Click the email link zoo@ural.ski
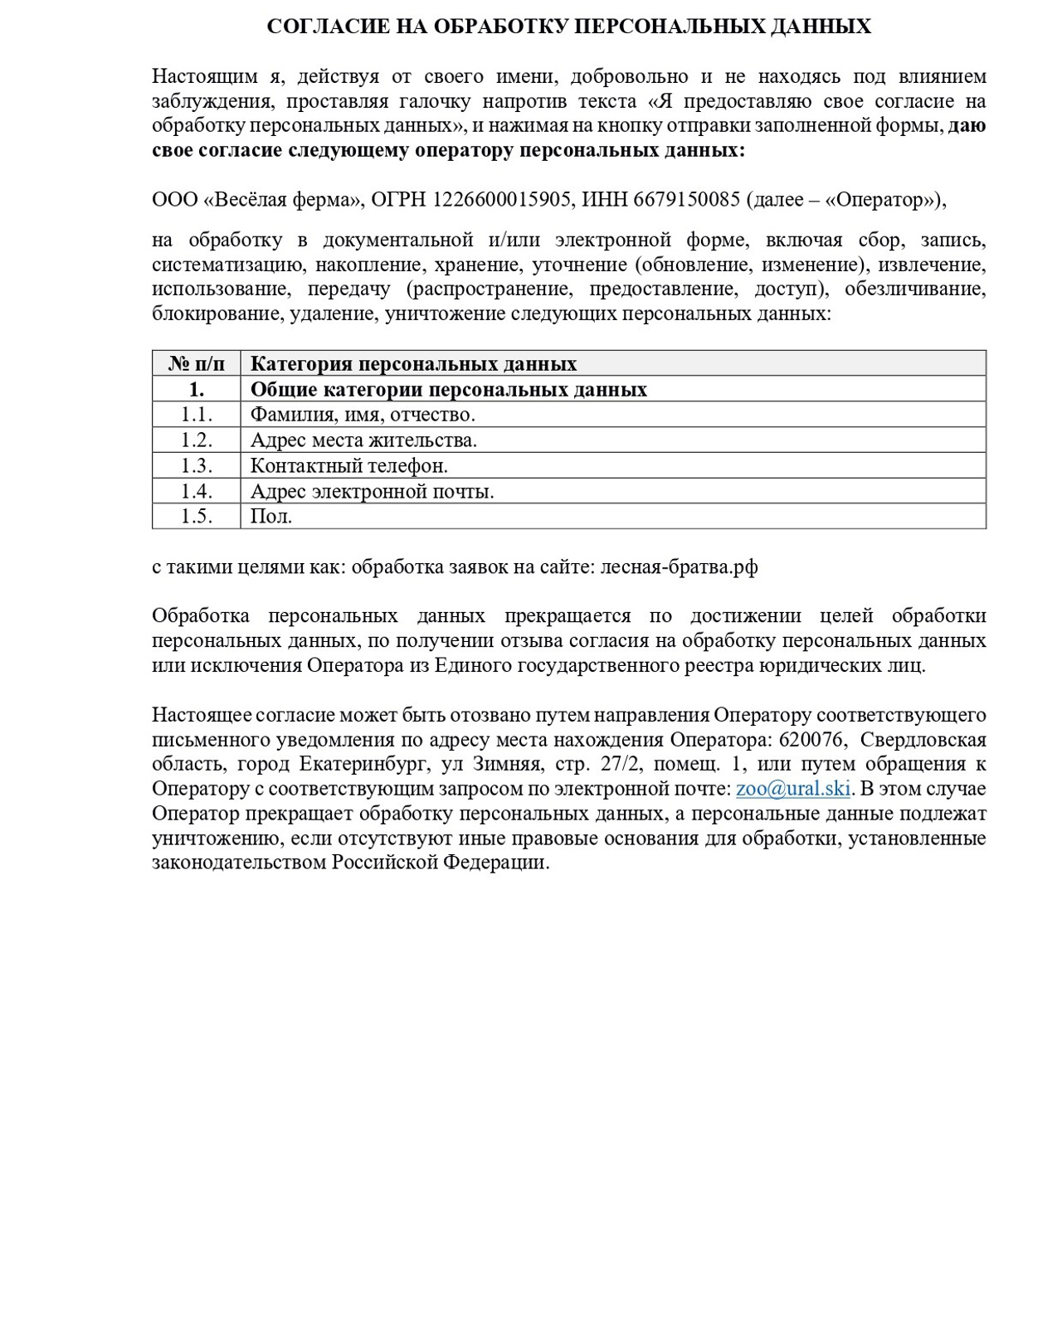point(792,789)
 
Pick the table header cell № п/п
point(197,364)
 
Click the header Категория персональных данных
point(413,364)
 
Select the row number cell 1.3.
point(197,466)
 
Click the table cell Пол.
point(271,517)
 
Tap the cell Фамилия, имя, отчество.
point(363,415)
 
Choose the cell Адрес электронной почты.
point(372,492)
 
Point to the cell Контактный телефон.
point(348,466)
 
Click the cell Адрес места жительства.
point(363,440)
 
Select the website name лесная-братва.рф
point(679,567)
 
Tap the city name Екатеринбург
point(362,764)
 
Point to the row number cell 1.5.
point(197,517)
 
